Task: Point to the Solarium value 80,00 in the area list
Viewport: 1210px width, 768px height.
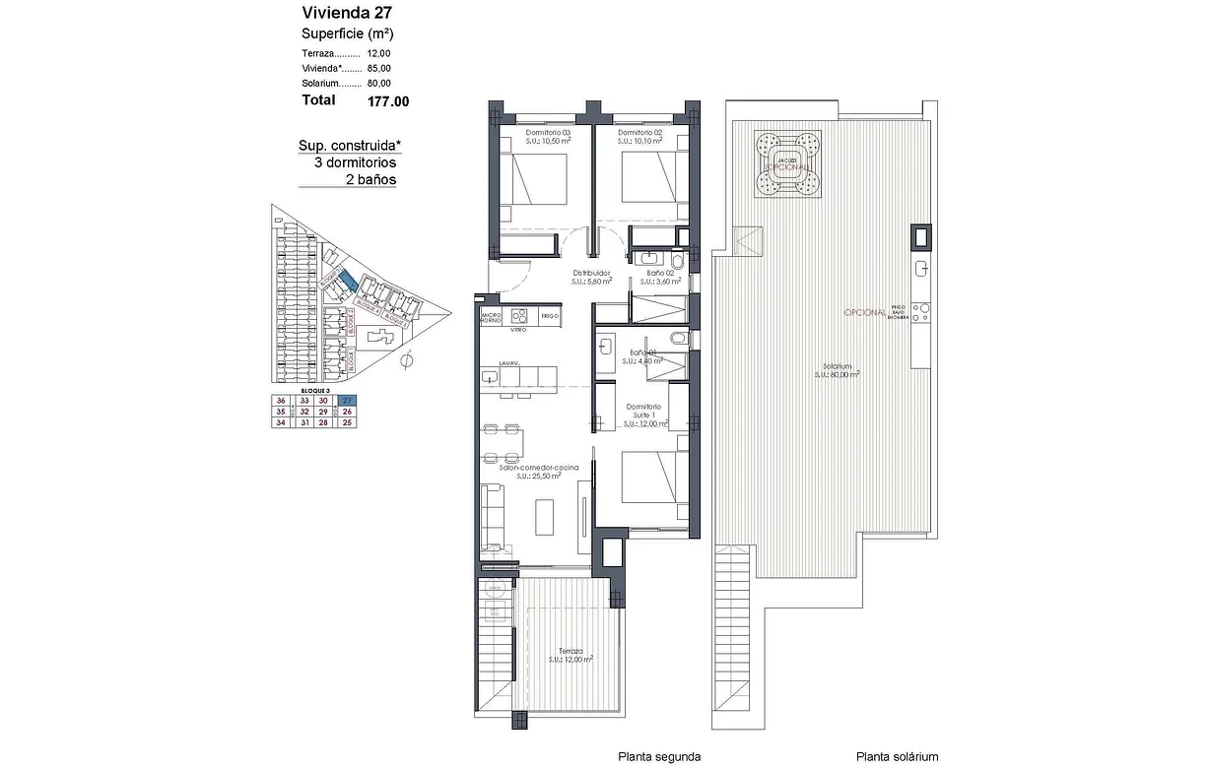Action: click(x=379, y=84)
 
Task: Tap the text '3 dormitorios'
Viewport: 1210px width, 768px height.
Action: click(x=355, y=162)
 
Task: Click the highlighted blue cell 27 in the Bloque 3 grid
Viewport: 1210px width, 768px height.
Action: click(x=346, y=400)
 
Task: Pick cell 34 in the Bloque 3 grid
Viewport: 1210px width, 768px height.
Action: click(x=282, y=422)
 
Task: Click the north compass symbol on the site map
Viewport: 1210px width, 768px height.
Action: click(x=407, y=361)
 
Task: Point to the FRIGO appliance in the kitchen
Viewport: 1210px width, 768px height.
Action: click(x=549, y=316)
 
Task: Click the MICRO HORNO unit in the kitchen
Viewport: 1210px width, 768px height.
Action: click(x=491, y=316)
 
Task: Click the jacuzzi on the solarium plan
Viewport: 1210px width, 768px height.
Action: click(x=785, y=163)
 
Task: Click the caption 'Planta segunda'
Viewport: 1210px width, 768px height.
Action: click(x=659, y=756)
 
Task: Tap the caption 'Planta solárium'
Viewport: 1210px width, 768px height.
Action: click(x=897, y=756)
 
